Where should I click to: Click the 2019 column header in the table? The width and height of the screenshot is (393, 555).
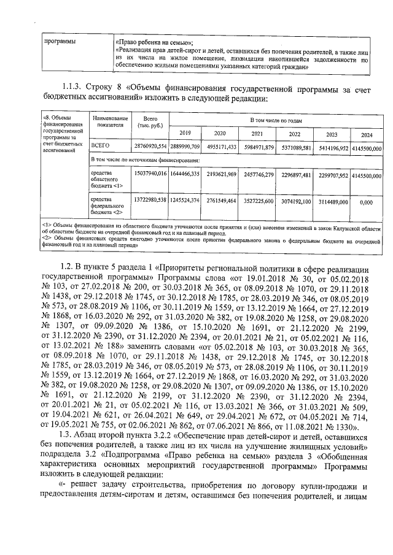[x=185, y=134]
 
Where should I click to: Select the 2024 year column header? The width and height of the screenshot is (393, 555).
[x=367, y=134]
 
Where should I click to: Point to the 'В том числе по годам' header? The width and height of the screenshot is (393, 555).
[x=276, y=121]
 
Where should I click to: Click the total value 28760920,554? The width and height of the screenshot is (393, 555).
[x=150, y=148]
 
